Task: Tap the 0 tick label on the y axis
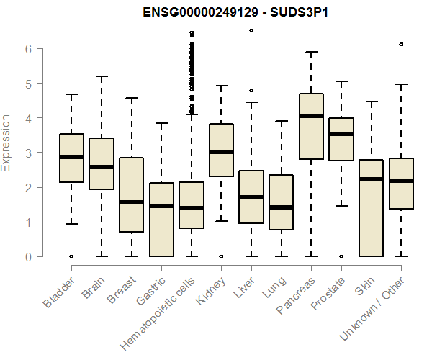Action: (x=27, y=256)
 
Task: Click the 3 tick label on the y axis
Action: (x=27, y=153)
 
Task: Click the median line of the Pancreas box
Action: (x=311, y=115)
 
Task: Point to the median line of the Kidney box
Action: (x=221, y=152)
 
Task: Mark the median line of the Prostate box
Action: (x=341, y=134)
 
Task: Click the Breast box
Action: (x=131, y=194)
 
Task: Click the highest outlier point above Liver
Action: (x=251, y=31)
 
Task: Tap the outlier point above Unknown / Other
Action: (x=401, y=44)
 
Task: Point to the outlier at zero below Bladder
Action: (x=71, y=256)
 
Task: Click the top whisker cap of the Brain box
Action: (x=102, y=76)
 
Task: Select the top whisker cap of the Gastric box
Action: (x=161, y=123)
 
